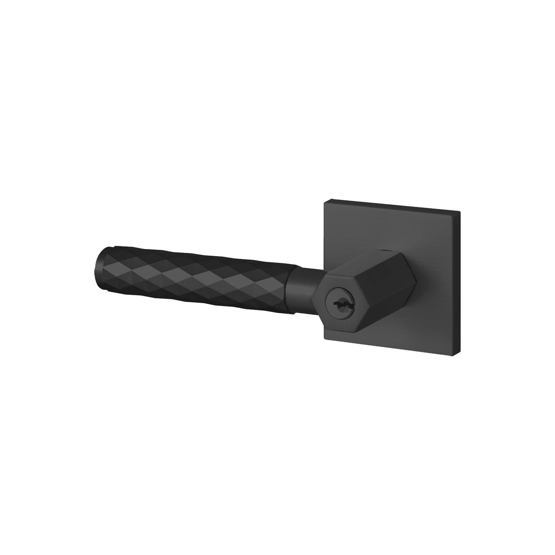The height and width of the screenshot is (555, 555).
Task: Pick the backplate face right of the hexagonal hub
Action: [x=437, y=288]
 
